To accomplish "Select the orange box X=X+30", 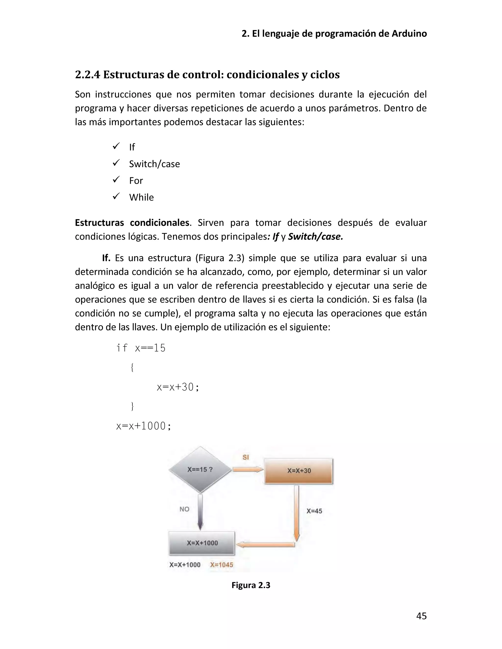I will click(299, 471).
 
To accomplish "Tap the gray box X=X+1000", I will click(202, 543).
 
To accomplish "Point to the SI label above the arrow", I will click(245, 457).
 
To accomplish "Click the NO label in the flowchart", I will click(184, 509).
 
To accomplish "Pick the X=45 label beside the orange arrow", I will click(314, 511).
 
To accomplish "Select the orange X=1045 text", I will click(222, 565).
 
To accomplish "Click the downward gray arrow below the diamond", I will click(200, 511).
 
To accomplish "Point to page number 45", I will click(421, 616).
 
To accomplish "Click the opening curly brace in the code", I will click(132, 368).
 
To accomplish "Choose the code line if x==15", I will click(141, 348).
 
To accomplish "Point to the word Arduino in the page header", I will click(409, 34).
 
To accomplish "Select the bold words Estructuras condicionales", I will click(132, 223).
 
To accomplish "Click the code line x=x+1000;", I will click(144, 426).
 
